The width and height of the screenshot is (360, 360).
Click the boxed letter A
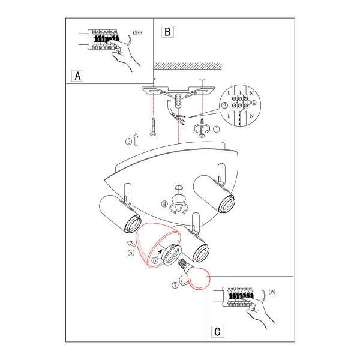(77, 76)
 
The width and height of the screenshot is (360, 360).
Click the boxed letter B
(167, 32)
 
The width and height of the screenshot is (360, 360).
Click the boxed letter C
(217, 332)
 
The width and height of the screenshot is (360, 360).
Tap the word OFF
(137, 33)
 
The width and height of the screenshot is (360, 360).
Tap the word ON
(272, 292)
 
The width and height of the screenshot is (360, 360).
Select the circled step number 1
(216, 129)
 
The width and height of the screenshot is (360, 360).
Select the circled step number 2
(224, 106)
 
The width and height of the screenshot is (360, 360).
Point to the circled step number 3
(128, 142)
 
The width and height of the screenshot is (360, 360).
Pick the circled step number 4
(164, 203)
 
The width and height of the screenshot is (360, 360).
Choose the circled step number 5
(131, 253)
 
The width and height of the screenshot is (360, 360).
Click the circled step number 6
(155, 260)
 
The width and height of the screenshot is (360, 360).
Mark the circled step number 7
(175, 285)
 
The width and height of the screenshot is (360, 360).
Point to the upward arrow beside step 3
(136, 139)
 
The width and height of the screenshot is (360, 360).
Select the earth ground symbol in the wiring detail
(254, 103)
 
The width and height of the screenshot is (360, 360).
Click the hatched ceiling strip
(188, 66)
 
